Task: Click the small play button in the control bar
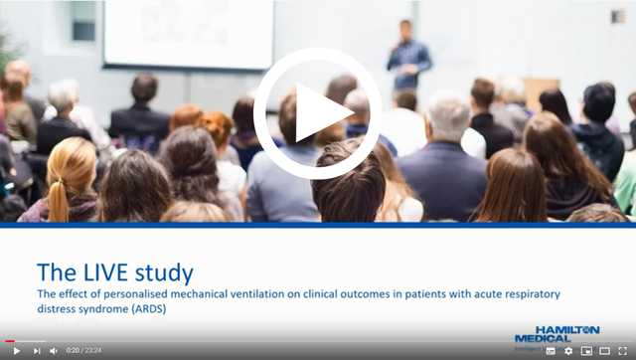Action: (16, 350)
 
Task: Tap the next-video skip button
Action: (37, 350)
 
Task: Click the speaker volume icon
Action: (54, 350)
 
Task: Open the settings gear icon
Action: (568, 350)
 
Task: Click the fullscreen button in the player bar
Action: (623, 350)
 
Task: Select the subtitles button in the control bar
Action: (551, 350)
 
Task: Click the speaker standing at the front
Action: (407, 56)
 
